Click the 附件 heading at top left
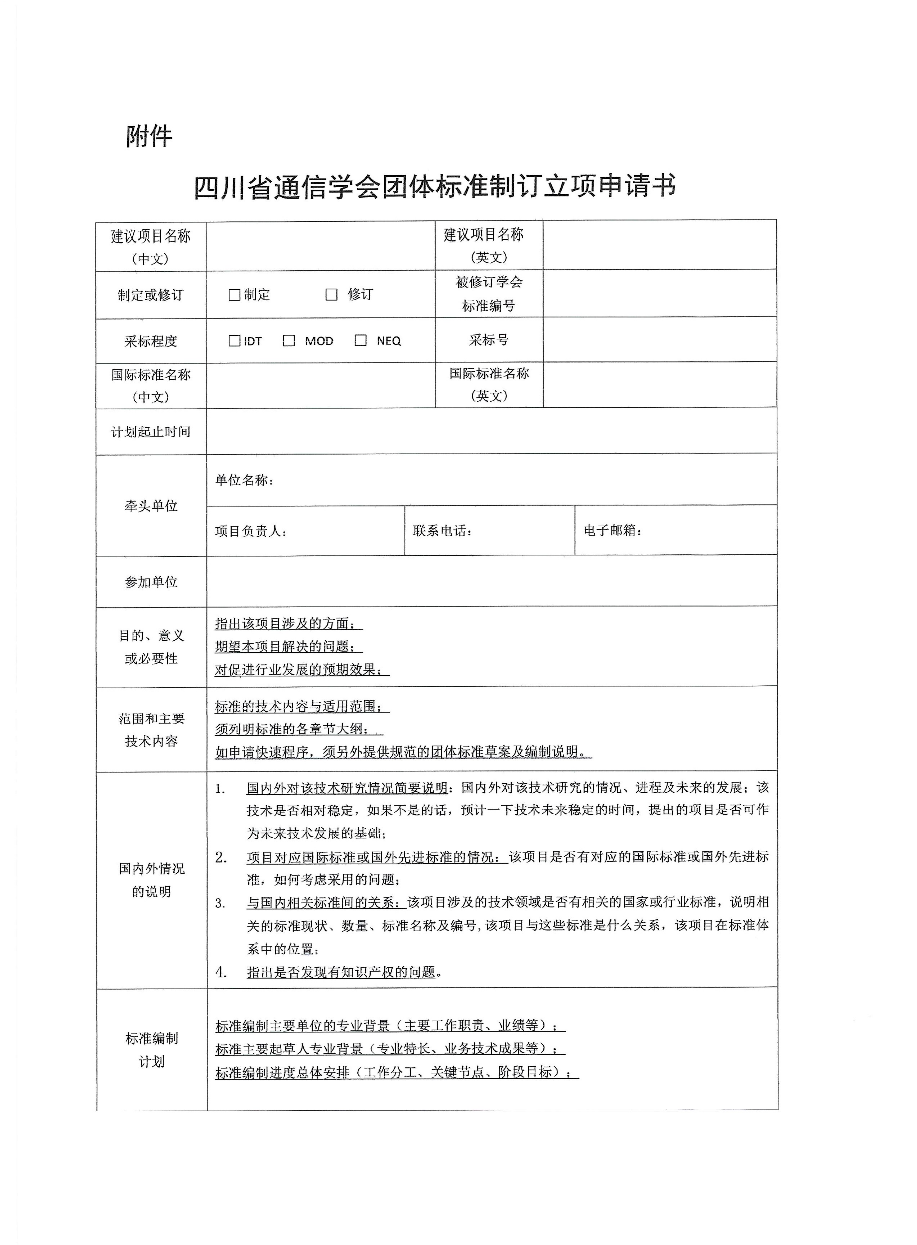click(x=149, y=136)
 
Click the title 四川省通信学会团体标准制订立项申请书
click(x=435, y=186)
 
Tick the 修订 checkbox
click(x=331, y=294)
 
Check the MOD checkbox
click(x=289, y=341)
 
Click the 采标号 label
click(x=489, y=339)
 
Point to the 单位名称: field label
click(x=244, y=480)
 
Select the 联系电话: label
click(x=442, y=531)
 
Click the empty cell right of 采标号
click(x=659, y=339)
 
